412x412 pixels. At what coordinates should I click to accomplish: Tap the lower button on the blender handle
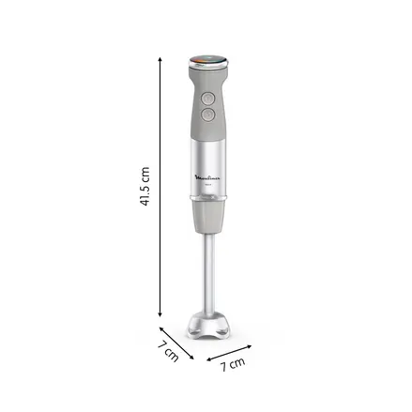tap(207, 114)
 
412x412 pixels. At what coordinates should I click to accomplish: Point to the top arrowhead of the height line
tap(160, 56)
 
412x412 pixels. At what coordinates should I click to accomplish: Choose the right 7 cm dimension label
tap(232, 363)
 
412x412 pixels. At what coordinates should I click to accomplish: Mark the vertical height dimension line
tap(160, 188)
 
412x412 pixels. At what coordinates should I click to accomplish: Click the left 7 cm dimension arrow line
tap(175, 342)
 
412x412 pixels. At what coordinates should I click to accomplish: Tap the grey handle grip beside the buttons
tap(194, 105)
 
